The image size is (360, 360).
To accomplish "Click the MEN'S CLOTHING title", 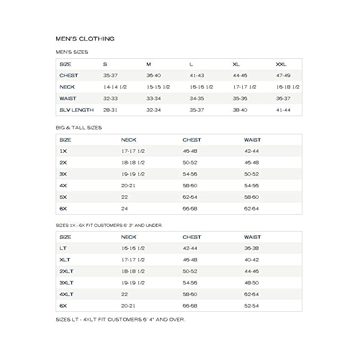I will pyautogui.click(x=85, y=39).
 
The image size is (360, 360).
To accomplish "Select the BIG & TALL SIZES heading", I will pyautogui.click(x=78, y=128).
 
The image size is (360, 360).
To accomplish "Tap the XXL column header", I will pyautogui.click(x=281, y=64).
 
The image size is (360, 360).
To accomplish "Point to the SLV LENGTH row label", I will pyautogui.click(x=76, y=110).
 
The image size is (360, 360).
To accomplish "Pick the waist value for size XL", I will pyautogui.click(x=240, y=98).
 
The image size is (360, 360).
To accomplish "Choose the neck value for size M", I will pyautogui.click(x=158, y=87).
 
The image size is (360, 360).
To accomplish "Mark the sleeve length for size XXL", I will pyautogui.click(x=283, y=110).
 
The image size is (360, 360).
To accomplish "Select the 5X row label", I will pyautogui.click(x=64, y=197).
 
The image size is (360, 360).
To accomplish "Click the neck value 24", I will pyautogui.click(x=125, y=208).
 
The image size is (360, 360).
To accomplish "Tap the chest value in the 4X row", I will pyautogui.click(x=190, y=186).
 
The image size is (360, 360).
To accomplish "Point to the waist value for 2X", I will pyautogui.click(x=251, y=163).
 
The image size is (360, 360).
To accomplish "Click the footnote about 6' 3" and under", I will pyautogui.click(x=109, y=225).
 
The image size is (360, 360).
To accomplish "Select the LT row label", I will pyautogui.click(x=63, y=248).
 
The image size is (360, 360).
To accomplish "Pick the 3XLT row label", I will pyautogui.click(x=66, y=283).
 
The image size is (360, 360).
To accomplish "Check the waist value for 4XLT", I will pyautogui.click(x=251, y=294).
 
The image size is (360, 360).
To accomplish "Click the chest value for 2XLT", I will pyautogui.click(x=190, y=271).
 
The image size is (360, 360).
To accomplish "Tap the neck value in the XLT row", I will pyautogui.click(x=133, y=260).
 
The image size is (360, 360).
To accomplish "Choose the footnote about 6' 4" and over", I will pyautogui.click(x=120, y=320).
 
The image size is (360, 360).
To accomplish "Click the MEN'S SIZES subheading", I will pyautogui.click(x=72, y=52).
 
